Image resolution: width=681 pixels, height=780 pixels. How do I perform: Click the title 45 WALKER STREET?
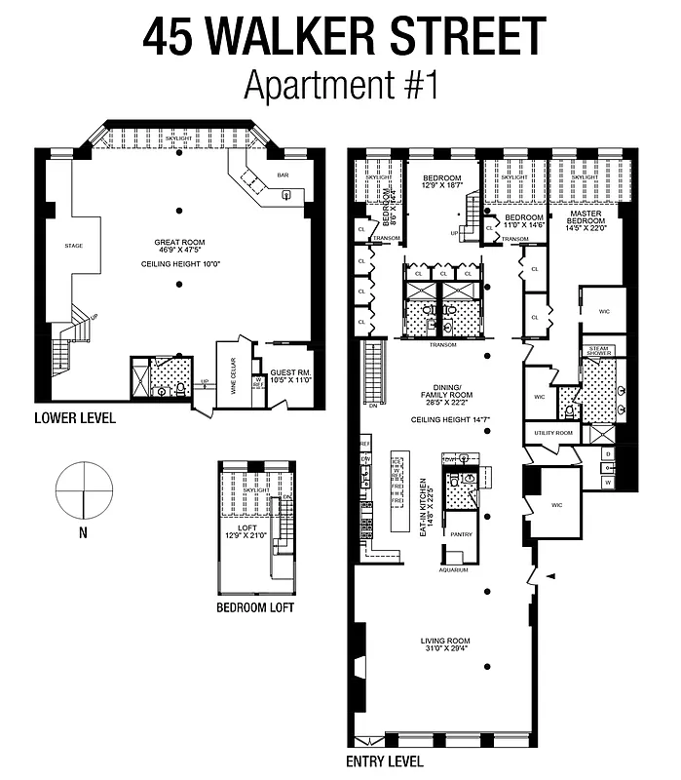(344, 36)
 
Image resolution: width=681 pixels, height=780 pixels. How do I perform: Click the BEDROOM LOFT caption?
(255, 608)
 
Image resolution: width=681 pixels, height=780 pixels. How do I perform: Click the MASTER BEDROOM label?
(586, 219)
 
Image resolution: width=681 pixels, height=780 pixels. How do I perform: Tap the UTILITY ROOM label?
(551, 431)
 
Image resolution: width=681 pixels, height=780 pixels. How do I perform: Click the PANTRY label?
(460, 534)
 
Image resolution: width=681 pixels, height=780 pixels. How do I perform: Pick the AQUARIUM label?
(454, 568)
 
